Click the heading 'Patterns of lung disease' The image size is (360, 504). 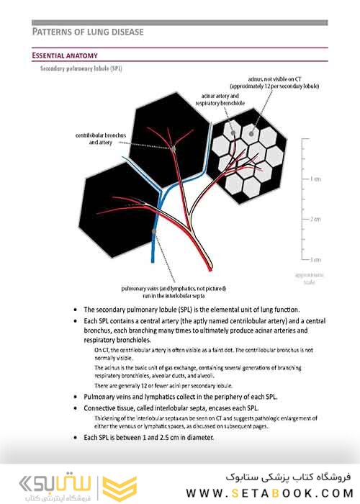pyautogui.click(x=88, y=32)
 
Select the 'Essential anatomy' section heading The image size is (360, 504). pyautogui.click(x=65, y=55)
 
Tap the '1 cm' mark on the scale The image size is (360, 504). pyautogui.click(x=314, y=178)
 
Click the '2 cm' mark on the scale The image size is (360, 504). pyautogui.click(x=314, y=218)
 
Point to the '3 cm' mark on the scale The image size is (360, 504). pyautogui.click(x=314, y=258)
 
